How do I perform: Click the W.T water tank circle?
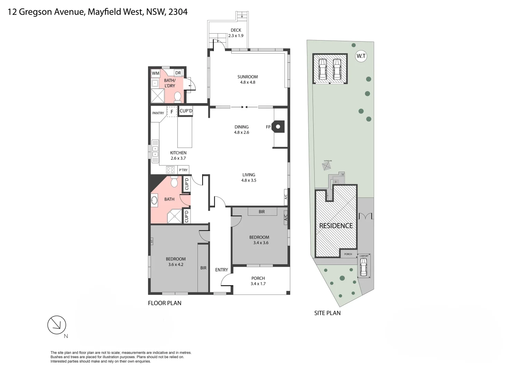coord(361,56)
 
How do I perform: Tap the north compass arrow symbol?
coord(57,325)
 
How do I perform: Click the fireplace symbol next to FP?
coord(278,127)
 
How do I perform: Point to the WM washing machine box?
coord(156,73)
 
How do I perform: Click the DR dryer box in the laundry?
coord(178,73)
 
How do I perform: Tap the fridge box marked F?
coord(172,112)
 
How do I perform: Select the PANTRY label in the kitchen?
coord(158,113)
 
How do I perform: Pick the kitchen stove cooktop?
coord(170,170)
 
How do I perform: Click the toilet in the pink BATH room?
coord(174,181)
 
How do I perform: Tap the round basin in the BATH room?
coord(154,200)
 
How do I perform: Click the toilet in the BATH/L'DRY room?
coord(178,96)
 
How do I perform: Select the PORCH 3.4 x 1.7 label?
coord(258,281)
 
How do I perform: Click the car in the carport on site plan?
coord(363,267)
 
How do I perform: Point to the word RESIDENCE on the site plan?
coord(336,226)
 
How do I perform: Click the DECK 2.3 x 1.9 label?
coord(236,33)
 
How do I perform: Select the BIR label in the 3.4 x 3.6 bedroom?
coord(261,212)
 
